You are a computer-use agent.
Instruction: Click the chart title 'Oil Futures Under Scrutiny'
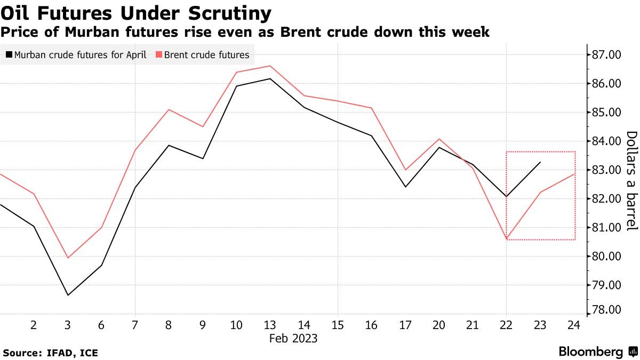(136, 13)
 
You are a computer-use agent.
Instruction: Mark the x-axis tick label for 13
(270, 325)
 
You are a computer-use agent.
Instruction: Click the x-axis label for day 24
(574, 325)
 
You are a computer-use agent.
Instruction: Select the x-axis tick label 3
(68, 325)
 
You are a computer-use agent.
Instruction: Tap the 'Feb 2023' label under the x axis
(293, 338)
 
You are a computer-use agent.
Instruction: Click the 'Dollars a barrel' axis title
(631, 181)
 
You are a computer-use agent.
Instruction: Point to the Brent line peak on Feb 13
(270, 66)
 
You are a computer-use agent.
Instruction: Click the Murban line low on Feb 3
(68, 295)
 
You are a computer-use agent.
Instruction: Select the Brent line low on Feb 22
(506, 238)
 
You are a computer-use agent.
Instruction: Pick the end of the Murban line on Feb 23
(540, 162)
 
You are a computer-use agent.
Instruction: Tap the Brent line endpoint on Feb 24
(574, 174)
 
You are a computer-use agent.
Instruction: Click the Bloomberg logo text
(591, 352)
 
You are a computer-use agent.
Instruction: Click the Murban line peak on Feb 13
(270, 79)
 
